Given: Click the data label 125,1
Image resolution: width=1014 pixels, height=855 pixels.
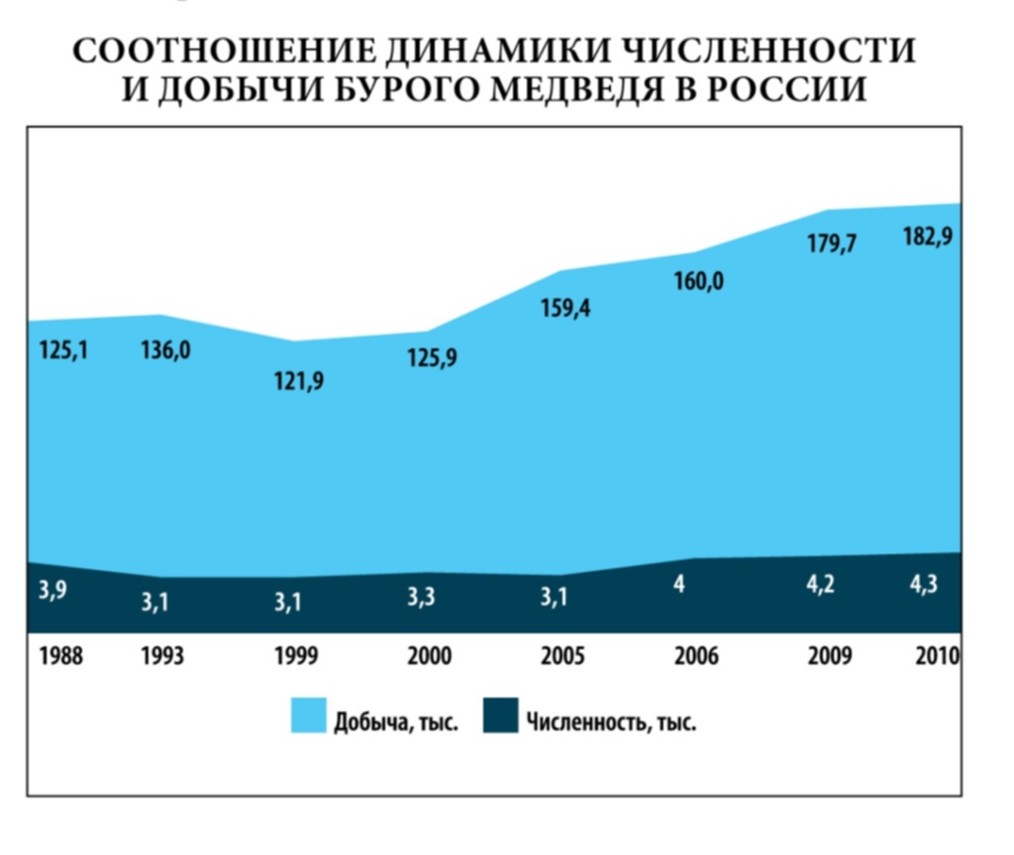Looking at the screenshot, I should coord(63,350).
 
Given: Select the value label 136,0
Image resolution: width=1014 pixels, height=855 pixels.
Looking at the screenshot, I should coord(165,350).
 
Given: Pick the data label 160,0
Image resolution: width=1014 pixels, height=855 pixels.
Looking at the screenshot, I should coord(699,282).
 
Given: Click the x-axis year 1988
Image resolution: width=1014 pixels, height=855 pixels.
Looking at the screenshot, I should coord(61,657).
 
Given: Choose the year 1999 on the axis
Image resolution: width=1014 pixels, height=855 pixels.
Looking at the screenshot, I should coord(296,657).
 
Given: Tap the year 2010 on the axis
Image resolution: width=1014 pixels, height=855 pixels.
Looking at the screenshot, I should coord(937,657).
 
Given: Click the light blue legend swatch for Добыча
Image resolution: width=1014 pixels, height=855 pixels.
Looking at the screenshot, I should coord(308,715).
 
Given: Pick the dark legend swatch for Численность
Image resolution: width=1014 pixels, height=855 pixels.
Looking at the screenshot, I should coord(500,715).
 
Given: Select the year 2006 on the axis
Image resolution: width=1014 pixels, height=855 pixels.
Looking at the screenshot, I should coord(696,657).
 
